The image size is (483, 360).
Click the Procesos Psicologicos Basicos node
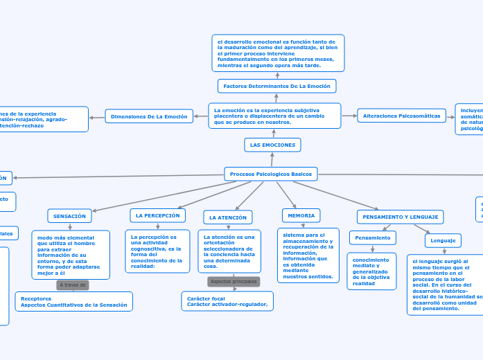click(x=271, y=174)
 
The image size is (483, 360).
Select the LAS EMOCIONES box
click(x=272, y=145)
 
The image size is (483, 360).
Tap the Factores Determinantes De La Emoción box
click(x=277, y=86)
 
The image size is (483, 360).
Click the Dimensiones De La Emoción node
click(x=149, y=116)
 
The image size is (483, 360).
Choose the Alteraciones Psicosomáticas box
click(x=402, y=116)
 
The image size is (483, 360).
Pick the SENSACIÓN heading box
click(x=69, y=216)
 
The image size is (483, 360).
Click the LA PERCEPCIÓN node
click(x=157, y=216)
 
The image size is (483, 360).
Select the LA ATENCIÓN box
click(x=228, y=217)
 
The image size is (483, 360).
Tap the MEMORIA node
click(x=301, y=215)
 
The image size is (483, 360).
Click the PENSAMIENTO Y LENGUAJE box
click(x=400, y=217)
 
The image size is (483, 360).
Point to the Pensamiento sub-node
click(x=373, y=237)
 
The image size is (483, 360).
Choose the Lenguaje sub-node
click(x=443, y=240)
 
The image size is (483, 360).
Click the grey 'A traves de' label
click(x=73, y=285)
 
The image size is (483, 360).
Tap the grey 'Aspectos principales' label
click(x=234, y=282)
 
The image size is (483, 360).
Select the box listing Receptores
click(x=73, y=302)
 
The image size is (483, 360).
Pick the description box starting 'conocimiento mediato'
click(x=371, y=271)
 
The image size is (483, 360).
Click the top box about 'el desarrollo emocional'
click(x=278, y=53)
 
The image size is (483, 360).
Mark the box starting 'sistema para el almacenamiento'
click(x=308, y=255)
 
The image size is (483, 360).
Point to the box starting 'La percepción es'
click(x=157, y=251)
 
